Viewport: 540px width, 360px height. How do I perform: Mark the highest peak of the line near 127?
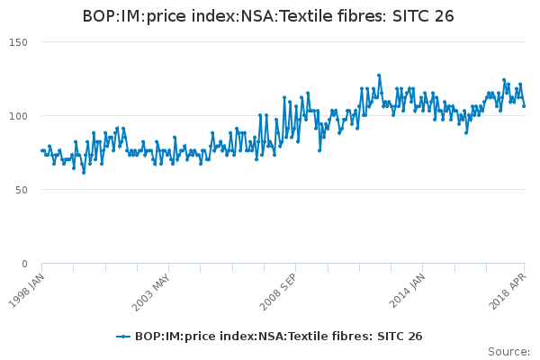click(379, 76)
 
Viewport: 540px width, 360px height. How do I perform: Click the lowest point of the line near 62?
click(84, 172)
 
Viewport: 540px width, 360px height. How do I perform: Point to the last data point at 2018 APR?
click(524, 106)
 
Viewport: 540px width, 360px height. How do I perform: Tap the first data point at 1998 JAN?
click(42, 150)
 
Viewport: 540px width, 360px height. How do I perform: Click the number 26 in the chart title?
click(444, 16)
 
